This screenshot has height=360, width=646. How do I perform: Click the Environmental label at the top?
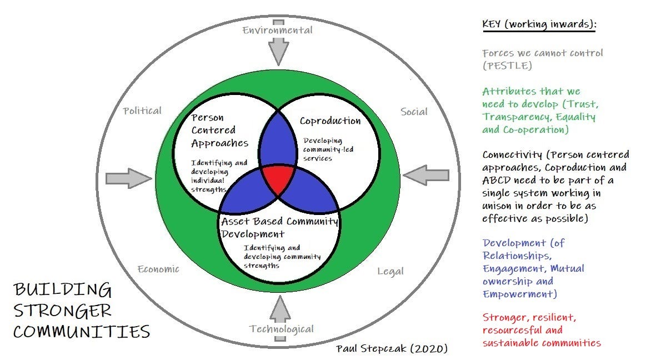tap(277, 31)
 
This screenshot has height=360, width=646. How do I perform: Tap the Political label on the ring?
tap(142, 111)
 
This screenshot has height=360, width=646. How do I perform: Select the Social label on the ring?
tap(414, 112)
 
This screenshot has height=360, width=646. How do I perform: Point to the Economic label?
tap(158, 269)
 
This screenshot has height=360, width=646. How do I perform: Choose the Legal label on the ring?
tap(390, 272)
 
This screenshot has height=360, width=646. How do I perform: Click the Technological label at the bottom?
tap(282, 329)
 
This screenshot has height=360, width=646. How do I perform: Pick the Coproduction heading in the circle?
tap(330, 121)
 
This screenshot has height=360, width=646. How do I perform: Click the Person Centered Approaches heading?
tap(219, 131)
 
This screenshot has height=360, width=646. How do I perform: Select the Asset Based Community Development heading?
tap(279, 227)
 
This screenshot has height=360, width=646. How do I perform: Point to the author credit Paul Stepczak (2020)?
tap(392, 349)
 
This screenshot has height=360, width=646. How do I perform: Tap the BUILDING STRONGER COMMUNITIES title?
tap(82, 311)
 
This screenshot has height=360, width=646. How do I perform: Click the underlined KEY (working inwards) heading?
tap(538, 26)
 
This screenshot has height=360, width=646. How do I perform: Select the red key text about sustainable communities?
tap(541, 330)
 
